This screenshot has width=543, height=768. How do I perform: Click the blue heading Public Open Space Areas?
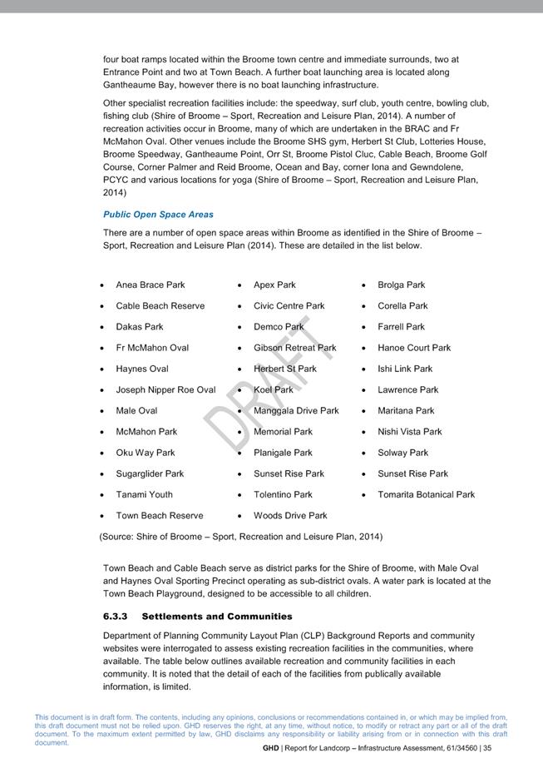pos(158,215)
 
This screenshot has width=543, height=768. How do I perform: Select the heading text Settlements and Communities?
pos(217,617)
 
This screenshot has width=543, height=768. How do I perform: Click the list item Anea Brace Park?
pos(151,285)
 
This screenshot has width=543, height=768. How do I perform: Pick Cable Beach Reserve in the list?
pos(160,305)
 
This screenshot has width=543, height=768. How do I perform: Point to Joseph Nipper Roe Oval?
pos(165,389)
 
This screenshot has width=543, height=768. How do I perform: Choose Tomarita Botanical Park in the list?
pos(426,494)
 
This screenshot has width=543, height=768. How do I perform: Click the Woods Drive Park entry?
pos(290,515)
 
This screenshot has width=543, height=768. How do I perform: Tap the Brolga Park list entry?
pos(401,285)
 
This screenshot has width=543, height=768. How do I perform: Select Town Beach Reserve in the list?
pos(159,515)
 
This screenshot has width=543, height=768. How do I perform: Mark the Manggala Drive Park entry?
pos(296,410)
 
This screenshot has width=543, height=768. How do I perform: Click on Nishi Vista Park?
pos(409,431)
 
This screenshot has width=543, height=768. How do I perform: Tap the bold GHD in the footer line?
pos(270,748)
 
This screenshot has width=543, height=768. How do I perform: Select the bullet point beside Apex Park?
pos(239,285)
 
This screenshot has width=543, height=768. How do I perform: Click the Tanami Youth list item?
pos(145,494)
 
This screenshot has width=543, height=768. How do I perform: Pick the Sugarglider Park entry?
pos(150,473)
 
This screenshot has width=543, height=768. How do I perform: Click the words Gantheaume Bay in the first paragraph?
pos(138,85)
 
